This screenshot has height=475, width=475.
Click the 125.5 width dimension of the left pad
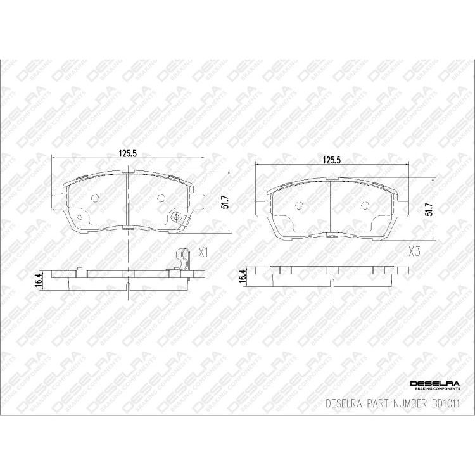127,153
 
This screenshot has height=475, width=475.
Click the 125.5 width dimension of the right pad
331,160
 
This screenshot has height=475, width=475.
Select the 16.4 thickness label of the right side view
243,275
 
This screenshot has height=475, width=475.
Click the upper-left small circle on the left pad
96,198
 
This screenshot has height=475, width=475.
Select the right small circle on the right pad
365,205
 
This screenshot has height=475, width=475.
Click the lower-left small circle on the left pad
80,217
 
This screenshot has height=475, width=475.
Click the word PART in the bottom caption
369,403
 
